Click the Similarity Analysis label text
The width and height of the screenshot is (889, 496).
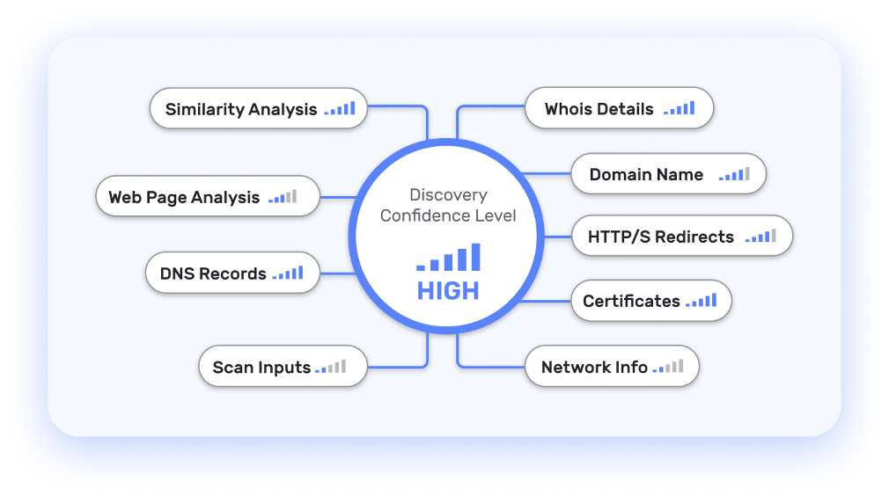pos(240,110)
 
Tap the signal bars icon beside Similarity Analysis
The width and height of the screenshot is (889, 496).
pos(340,109)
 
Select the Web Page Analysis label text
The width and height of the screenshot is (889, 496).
pos(184,198)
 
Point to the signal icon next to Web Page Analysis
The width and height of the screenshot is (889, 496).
pos(283,197)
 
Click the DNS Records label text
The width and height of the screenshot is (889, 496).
pos(213,274)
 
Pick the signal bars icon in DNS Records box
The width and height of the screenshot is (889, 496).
pos(288,274)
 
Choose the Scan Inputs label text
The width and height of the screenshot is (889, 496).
pos(261,368)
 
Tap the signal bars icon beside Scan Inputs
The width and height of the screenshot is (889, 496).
pos(331,367)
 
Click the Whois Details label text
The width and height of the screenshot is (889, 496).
pos(599,110)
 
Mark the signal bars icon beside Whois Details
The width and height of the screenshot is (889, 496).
pos(680,109)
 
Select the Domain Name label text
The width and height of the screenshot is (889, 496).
pos(646,175)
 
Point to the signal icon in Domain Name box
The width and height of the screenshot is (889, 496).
pos(734,174)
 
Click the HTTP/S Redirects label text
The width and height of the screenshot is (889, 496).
pos(660,237)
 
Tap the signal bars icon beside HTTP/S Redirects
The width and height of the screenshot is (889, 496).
pos(760,236)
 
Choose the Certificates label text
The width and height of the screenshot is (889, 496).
pos(631,301)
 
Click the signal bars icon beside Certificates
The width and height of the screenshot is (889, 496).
pos(702,301)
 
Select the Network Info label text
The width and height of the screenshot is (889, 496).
pos(594,368)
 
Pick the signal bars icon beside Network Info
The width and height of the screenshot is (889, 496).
pos(668,367)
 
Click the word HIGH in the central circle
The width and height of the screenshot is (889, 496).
pos(448,291)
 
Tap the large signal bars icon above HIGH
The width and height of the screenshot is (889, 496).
pos(449,258)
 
